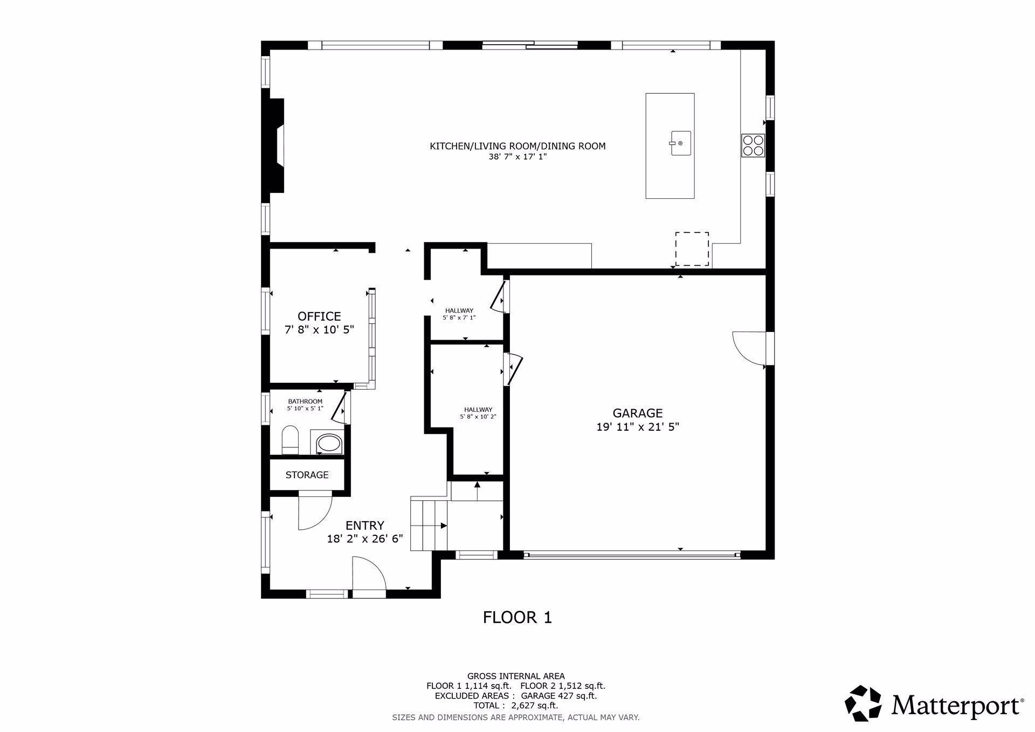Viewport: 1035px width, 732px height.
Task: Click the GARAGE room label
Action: tap(637, 413)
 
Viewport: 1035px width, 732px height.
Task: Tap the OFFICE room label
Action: tap(319, 316)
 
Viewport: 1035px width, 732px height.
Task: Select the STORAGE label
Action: tap(307, 475)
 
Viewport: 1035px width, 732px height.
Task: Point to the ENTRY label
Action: tap(365, 526)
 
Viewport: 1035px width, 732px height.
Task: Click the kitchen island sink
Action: tap(680, 143)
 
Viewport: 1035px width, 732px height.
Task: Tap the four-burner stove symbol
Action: tap(753, 145)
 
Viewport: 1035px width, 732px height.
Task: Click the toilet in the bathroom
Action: tap(291, 440)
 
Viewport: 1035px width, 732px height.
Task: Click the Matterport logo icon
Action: tap(863, 703)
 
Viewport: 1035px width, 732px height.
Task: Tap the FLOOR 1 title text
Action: tap(517, 617)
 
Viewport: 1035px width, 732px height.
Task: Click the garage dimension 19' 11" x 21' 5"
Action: tap(637, 427)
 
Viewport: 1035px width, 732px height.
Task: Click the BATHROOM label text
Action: tap(305, 402)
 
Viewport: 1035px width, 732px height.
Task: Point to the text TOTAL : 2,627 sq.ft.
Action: tap(516, 706)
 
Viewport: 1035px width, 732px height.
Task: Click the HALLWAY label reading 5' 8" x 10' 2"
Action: tap(478, 413)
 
